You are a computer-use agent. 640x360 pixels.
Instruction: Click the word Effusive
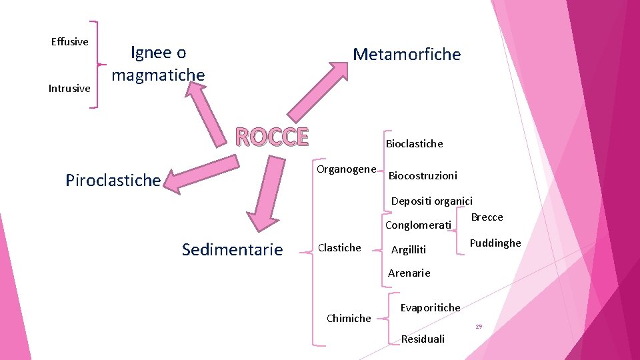coord(69,42)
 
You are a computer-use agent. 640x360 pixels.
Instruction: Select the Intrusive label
coord(69,89)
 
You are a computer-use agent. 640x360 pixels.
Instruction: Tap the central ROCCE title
coord(272,137)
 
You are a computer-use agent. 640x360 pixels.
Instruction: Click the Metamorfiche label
coord(407,55)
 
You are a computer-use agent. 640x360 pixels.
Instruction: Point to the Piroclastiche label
coord(113,180)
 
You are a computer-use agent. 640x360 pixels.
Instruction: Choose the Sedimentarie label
coord(232,250)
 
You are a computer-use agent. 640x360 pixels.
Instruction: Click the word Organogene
coord(346,169)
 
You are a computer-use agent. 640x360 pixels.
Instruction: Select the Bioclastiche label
coord(414,144)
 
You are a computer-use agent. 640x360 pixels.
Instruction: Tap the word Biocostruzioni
coord(423,176)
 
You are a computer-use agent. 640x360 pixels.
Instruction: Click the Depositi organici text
coord(431,201)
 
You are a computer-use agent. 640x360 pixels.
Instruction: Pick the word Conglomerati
coord(418,225)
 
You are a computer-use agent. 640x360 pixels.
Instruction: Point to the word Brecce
coord(487,217)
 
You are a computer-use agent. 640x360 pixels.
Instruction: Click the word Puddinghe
coord(495,243)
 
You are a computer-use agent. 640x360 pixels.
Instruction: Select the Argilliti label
coord(408,250)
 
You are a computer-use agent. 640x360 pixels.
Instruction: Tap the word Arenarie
coord(409,273)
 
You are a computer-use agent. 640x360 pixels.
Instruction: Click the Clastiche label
coord(339,248)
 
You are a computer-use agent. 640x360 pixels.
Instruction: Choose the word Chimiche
coord(349,319)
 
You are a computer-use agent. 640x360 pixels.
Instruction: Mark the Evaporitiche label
coord(430,307)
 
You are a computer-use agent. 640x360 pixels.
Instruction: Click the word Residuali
coord(423,339)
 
